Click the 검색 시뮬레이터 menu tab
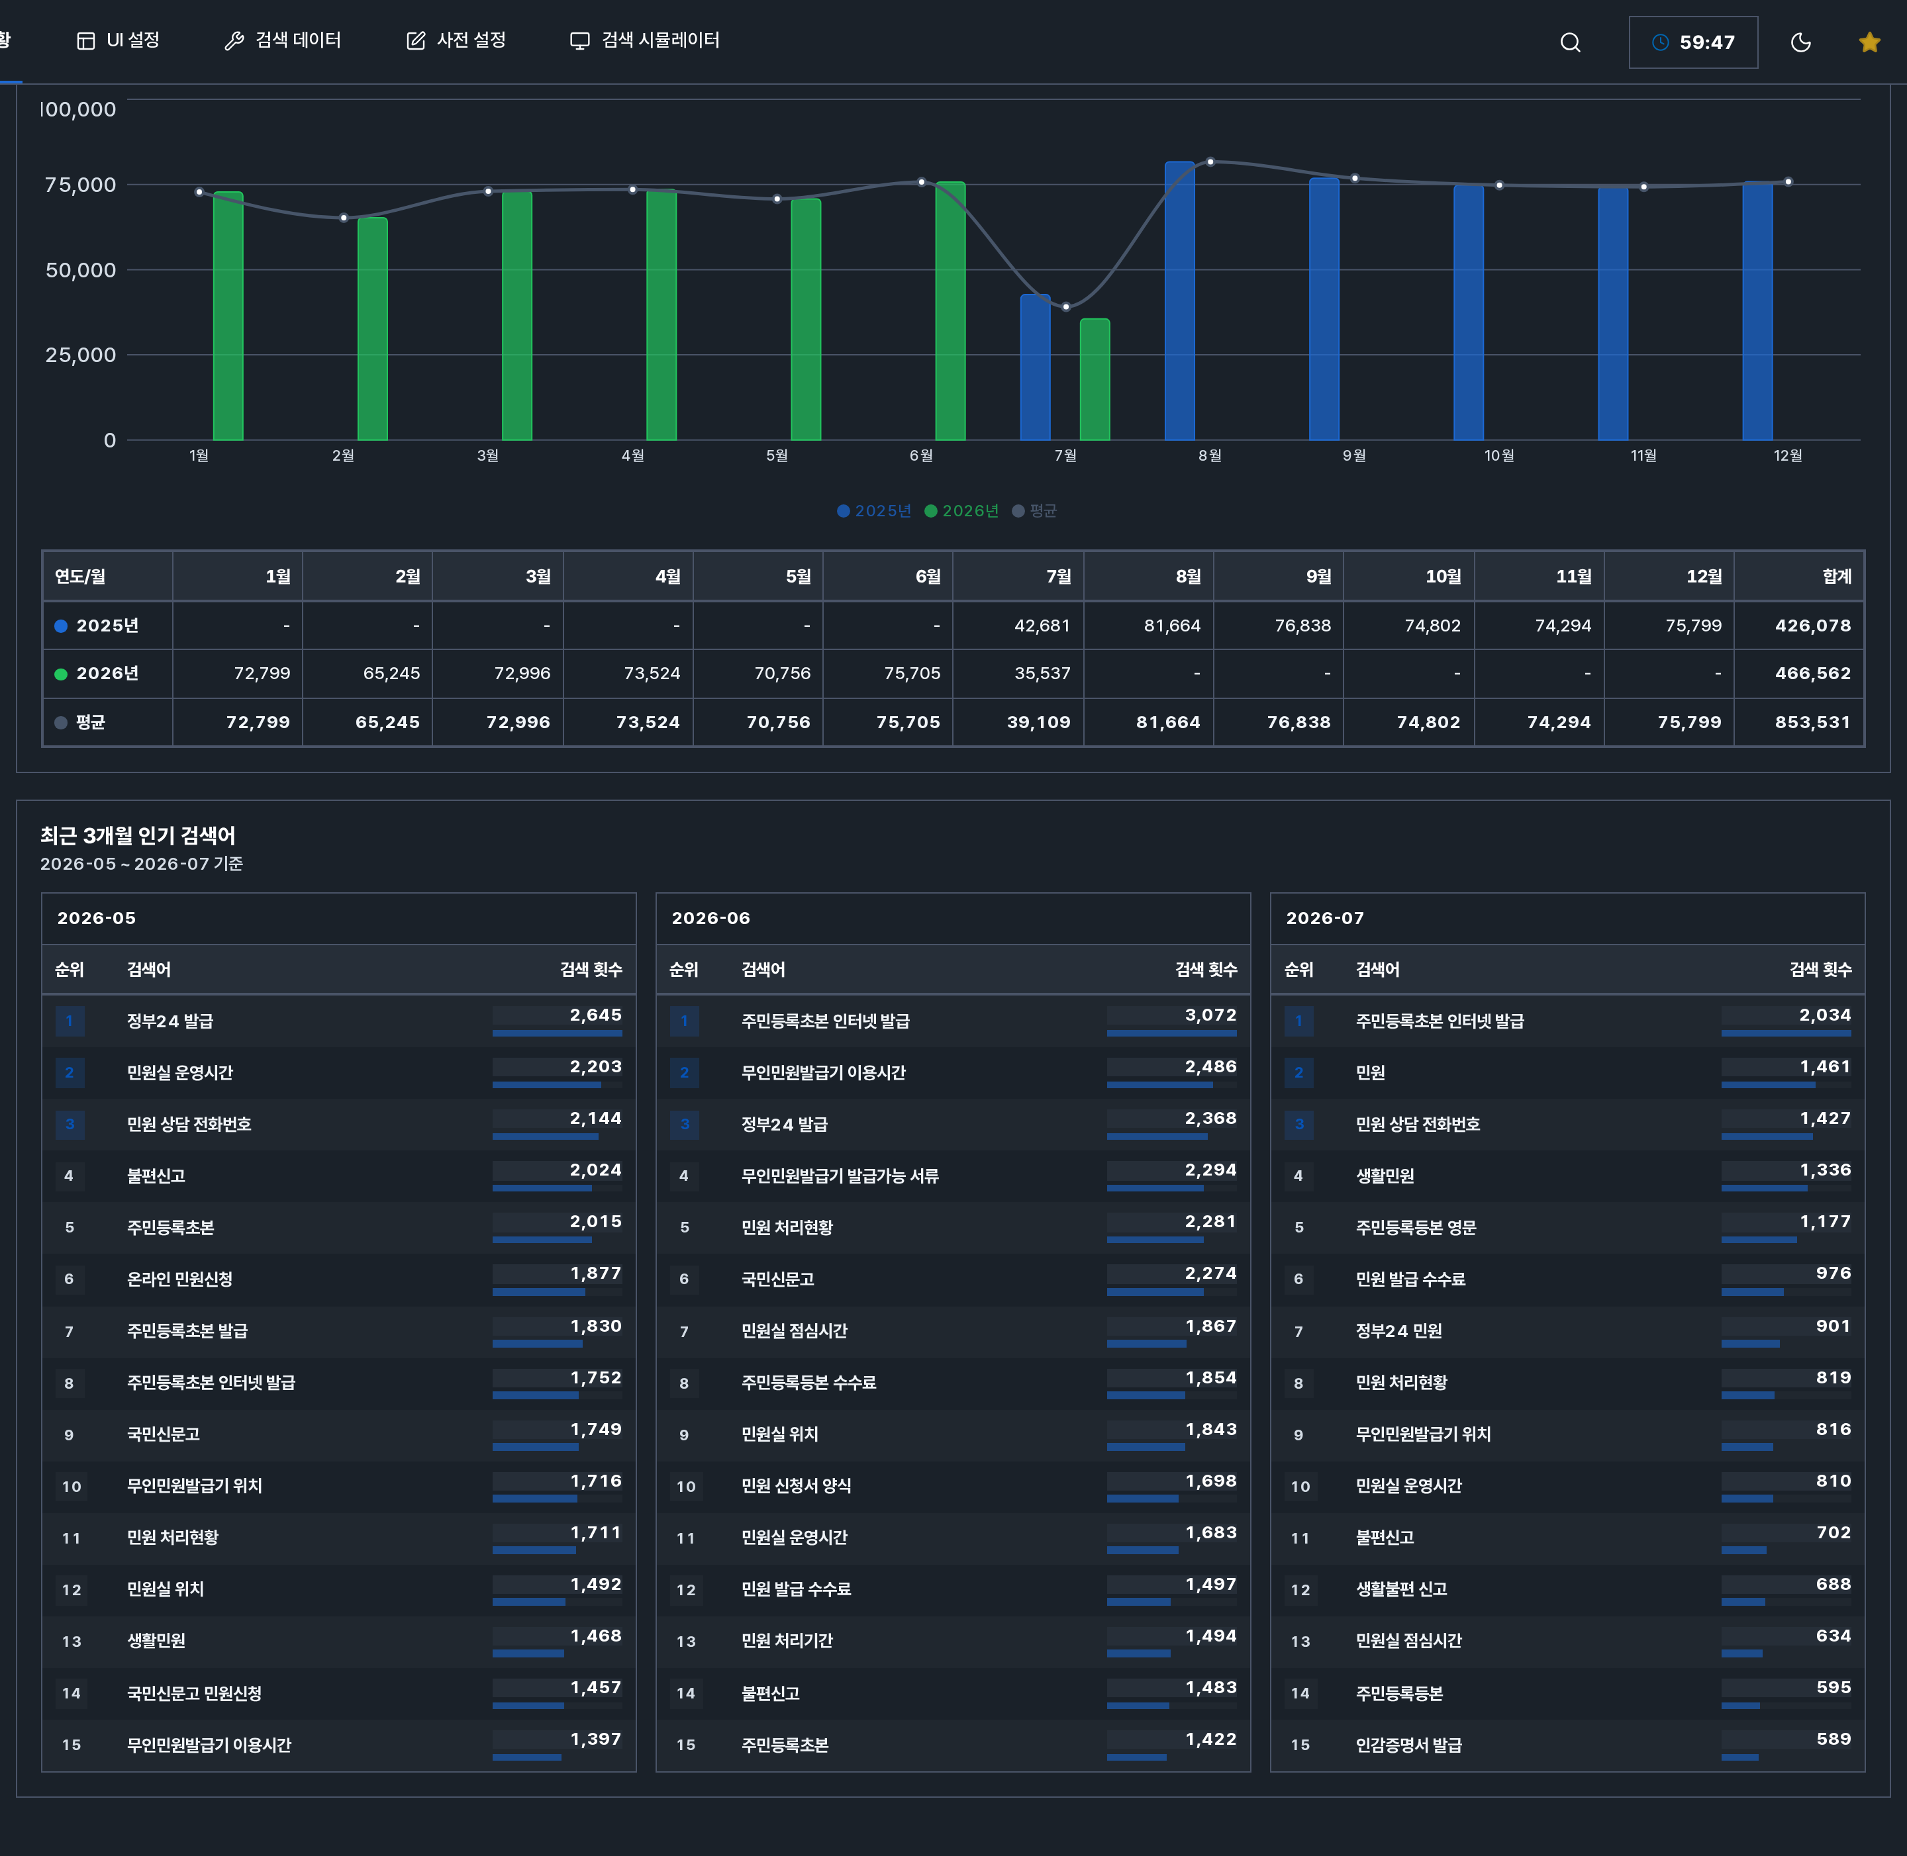coord(644,40)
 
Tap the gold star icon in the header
coord(1869,42)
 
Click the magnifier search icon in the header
coord(1570,42)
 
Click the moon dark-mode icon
coord(1801,42)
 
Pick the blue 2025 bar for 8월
coord(1180,301)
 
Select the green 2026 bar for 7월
coord(1095,379)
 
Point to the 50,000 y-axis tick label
coord(81,270)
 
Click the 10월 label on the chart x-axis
coord(1498,455)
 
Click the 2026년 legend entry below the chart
coord(961,511)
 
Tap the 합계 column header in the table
coord(1837,576)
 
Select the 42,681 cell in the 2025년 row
coord(1042,626)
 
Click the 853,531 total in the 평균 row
coord(1812,722)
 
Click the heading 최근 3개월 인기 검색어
coord(138,835)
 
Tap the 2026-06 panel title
coord(710,918)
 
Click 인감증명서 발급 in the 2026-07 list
coord(1409,1745)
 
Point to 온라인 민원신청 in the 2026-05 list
coord(179,1279)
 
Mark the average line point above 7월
coord(1065,306)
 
